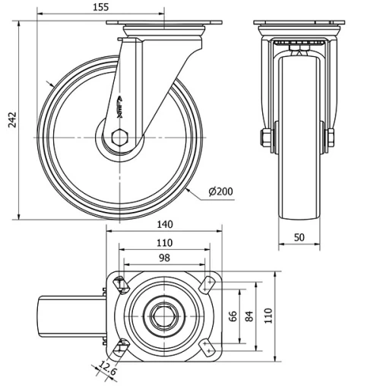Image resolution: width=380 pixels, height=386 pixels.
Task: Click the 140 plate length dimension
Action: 165,224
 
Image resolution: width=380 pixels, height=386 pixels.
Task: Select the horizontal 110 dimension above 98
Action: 163,242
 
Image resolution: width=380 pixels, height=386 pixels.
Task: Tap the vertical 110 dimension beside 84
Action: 268,315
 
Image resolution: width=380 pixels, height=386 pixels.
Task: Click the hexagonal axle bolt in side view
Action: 119,138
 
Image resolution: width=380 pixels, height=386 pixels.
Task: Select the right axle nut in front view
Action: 331,138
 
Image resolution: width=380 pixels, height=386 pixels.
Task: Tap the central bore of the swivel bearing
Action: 163,315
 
